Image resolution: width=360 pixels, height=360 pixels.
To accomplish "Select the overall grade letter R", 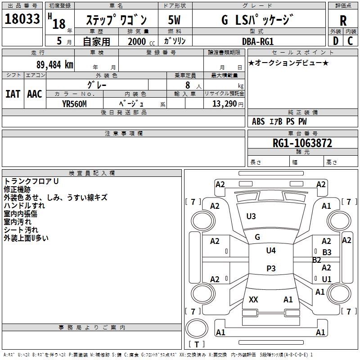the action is point(343,20).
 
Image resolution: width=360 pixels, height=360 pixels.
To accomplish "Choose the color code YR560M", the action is point(74,103).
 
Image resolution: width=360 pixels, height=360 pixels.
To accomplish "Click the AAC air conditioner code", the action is point(35,94).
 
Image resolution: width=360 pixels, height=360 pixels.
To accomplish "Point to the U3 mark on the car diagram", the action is point(251,216).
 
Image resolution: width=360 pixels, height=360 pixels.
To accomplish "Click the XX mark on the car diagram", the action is point(253,299).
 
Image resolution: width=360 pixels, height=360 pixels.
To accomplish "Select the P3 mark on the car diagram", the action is point(271,269).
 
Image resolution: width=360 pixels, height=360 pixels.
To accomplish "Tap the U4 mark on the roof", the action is point(271,251).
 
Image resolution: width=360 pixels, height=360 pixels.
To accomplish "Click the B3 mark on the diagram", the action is point(327,252).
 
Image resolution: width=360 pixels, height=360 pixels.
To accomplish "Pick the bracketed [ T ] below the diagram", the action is point(196,345).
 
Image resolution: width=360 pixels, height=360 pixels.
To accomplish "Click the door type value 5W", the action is point(174,20).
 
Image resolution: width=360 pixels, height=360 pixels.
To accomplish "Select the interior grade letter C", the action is point(350,41).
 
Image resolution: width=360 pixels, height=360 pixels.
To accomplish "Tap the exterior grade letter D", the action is point(335,41).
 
